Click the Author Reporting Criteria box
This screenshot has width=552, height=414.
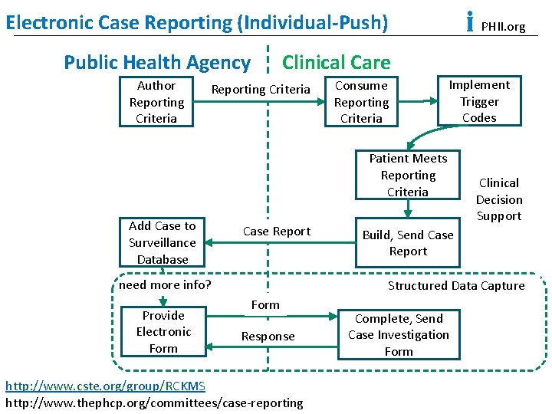tap(156, 102)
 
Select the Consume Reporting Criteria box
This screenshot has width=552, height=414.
tap(361, 102)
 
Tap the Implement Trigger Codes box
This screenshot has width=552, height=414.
tap(479, 101)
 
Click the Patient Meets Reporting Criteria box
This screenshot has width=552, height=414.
tap(408, 175)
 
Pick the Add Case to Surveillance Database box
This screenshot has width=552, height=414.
tap(162, 242)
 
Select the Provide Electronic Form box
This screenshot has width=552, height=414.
tap(163, 332)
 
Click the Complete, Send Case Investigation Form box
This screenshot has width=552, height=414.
tap(399, 335)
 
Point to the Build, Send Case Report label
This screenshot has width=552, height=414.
tap(408, 243)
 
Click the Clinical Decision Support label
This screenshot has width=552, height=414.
tap(498, 199)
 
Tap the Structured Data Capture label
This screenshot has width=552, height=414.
tap(456, 286)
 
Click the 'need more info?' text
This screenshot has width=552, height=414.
tap(165, 285)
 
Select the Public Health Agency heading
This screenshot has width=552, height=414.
tap(157, 62)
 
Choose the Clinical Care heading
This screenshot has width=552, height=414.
tap(337, 62)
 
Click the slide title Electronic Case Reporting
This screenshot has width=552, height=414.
tap(196, 22)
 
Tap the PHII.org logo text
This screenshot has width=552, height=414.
tap(502, 27)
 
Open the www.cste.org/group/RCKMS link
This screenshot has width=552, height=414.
tap(105, 385)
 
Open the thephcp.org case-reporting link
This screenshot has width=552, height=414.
tap(154, 402)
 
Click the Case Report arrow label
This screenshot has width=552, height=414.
tap(277, 232)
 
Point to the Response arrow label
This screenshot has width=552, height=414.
tap(268, 337)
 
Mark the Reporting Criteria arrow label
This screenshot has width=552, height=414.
tap(261, 90)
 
